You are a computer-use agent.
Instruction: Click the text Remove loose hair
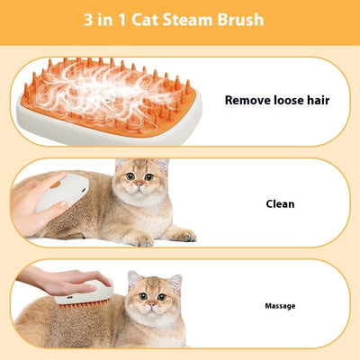tap(276, 101)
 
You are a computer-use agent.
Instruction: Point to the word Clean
tap(280, 203)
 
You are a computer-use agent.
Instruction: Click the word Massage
tap(280, 306)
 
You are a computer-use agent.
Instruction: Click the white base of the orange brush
tap(108, 131)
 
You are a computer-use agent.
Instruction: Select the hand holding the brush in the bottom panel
tap(49, 279)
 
